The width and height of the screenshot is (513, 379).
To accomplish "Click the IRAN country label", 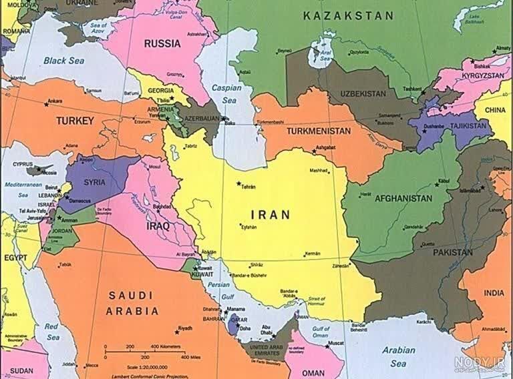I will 270,215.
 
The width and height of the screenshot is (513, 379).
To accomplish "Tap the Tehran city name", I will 248,186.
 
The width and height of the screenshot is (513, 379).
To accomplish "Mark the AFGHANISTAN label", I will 403,198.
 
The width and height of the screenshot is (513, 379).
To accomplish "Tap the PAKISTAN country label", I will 453,253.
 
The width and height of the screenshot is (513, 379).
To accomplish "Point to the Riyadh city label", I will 185,328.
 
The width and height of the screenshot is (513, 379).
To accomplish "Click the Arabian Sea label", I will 399,356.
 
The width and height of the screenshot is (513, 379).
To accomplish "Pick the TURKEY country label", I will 75,121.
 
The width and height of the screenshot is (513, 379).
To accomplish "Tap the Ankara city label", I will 55,101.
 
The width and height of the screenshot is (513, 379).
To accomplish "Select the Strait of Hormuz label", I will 316,302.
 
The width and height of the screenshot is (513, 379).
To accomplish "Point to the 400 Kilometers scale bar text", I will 164,347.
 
